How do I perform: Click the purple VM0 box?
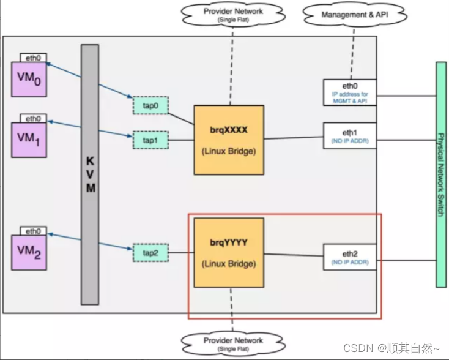[28, 79]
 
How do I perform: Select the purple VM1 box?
[28, 140]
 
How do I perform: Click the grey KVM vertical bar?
[89, 174]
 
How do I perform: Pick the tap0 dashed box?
[150, 105]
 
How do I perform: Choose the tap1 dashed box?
[150, 140]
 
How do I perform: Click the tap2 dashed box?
[150, 252]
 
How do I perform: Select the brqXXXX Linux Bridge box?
[229, 140]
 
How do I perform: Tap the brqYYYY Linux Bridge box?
[229, 252]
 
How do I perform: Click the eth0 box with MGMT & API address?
[349, 92]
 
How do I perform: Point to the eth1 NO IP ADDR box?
[349, 135]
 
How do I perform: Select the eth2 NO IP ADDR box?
[349, 257]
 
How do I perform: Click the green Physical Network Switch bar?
[440, 174]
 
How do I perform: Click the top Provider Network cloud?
[233, 13]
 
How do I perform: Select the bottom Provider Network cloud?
[232, 343]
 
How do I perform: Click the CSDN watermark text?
[391, 348]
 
